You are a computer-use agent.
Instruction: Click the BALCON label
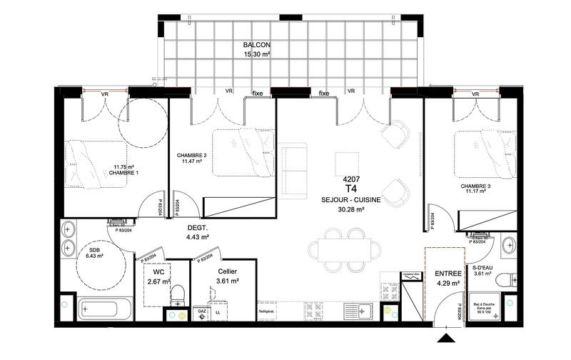coord(256,44)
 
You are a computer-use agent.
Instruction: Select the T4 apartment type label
coord(350,189)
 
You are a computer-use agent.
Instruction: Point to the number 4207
coord(350,179)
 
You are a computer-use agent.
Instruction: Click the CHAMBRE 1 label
coord(123,174)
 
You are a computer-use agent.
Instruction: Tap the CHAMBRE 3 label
coord(475,187)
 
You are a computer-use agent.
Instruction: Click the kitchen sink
coord(365,312)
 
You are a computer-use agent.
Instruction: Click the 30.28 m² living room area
coord(351,209)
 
